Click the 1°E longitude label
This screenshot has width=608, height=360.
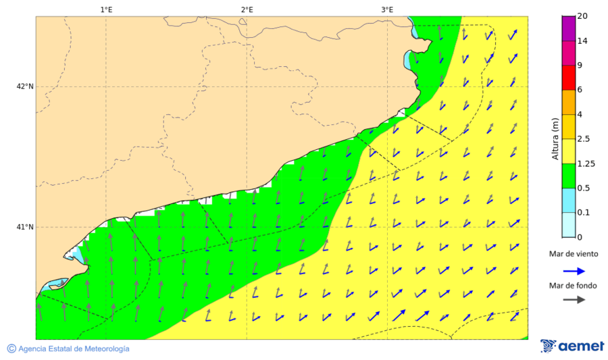click(106, 9)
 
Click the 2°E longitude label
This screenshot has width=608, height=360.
click(247, 9)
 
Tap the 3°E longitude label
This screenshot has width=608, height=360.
click(387, 9)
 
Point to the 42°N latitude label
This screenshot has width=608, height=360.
click(25, 86)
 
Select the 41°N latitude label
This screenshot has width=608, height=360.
click(25, 227)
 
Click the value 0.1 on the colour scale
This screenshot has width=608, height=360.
click(583, 213)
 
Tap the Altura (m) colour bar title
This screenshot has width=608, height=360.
click(555, 138)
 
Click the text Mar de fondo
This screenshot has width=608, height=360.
click(573, 286)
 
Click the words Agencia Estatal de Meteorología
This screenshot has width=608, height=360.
click(74, 349)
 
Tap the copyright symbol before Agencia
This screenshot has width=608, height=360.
click(11, 349)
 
